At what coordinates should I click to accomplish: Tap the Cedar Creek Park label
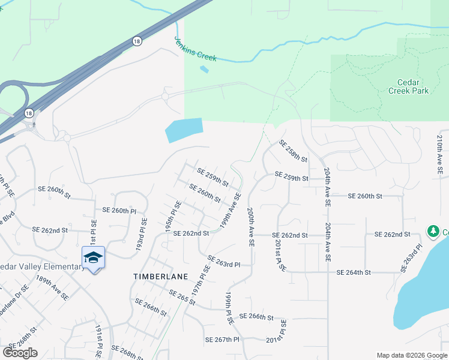408,86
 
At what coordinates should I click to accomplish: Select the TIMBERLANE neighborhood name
160,276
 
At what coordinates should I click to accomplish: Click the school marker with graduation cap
93,257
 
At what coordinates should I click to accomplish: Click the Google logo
20,353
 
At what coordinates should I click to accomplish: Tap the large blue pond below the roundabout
182,130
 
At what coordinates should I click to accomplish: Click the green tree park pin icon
433,231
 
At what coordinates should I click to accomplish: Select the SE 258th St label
292,151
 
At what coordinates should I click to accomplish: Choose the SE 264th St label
355,272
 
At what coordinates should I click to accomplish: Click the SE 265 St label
182,298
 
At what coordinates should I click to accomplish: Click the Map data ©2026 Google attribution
411,355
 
